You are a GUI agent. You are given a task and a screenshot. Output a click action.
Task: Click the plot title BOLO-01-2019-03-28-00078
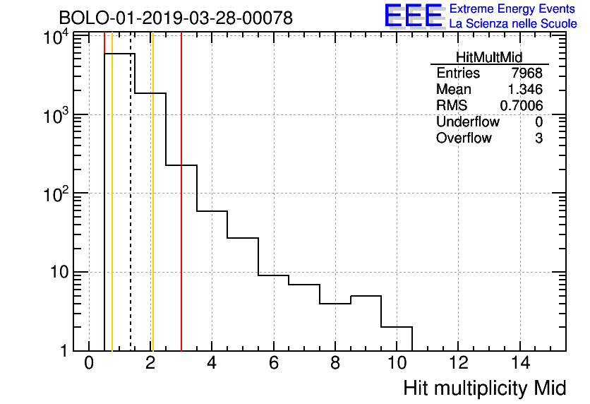pos(175,18)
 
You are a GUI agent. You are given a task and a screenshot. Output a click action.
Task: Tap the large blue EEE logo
pos(414,16)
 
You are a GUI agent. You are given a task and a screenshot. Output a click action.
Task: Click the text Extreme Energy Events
pos(512,9)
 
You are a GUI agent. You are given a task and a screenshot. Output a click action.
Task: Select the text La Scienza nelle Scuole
pos(512,23)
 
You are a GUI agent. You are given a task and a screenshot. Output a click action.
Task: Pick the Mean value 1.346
pos(525,90)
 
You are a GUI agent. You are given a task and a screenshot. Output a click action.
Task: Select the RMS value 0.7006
pos(521,105)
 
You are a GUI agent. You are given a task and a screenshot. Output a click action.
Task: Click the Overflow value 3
pos(538,138)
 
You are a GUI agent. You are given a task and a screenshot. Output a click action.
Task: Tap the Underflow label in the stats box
pos(467,121)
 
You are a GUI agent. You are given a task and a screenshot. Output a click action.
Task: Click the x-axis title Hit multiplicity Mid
pos(484,388)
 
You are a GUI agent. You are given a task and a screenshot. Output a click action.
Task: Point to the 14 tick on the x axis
pos(519,363)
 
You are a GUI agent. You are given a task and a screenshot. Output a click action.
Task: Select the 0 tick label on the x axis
pos(89,363)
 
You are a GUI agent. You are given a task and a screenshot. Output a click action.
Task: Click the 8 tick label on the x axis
pos(335,363)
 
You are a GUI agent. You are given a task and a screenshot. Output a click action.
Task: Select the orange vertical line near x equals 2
pos(152,212)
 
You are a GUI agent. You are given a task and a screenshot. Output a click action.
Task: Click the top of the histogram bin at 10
pos(397,327)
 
